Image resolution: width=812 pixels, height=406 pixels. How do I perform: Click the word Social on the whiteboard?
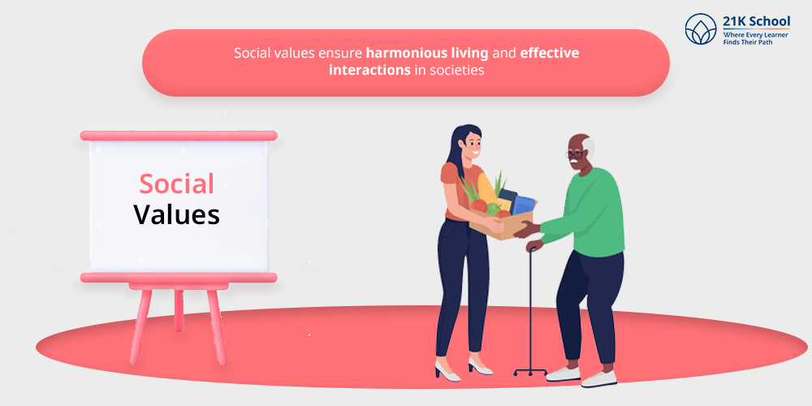(x=176, y=184)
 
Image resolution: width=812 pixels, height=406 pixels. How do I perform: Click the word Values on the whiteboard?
(x=176, y=214)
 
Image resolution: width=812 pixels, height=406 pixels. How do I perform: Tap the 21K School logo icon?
(x=701, y=28)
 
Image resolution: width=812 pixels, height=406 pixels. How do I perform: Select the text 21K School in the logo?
(x=757, y=21)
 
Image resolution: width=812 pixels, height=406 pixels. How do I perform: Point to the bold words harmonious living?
(x=427, y=53)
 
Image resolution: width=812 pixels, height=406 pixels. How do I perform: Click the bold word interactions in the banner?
(x=369, y=70)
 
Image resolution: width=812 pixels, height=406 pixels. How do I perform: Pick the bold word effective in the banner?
(x=550, y=53)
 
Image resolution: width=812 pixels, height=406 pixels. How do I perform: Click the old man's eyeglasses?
(x=574, y=153)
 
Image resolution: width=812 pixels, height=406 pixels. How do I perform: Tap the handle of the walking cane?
(x=532, y=250)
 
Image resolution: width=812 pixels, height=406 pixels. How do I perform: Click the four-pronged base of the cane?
(x=530, y=371)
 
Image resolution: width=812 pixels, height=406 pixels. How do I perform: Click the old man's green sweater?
(x=589, y=211)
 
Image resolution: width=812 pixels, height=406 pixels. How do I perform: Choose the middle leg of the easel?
(x=179, y=310)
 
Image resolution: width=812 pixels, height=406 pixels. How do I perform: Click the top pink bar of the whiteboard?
(x=179, y=136)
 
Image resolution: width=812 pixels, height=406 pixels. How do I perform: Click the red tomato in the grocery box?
(x=479, y=205)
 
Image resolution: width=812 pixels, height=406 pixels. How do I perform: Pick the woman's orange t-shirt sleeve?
(x=448, y=174)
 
